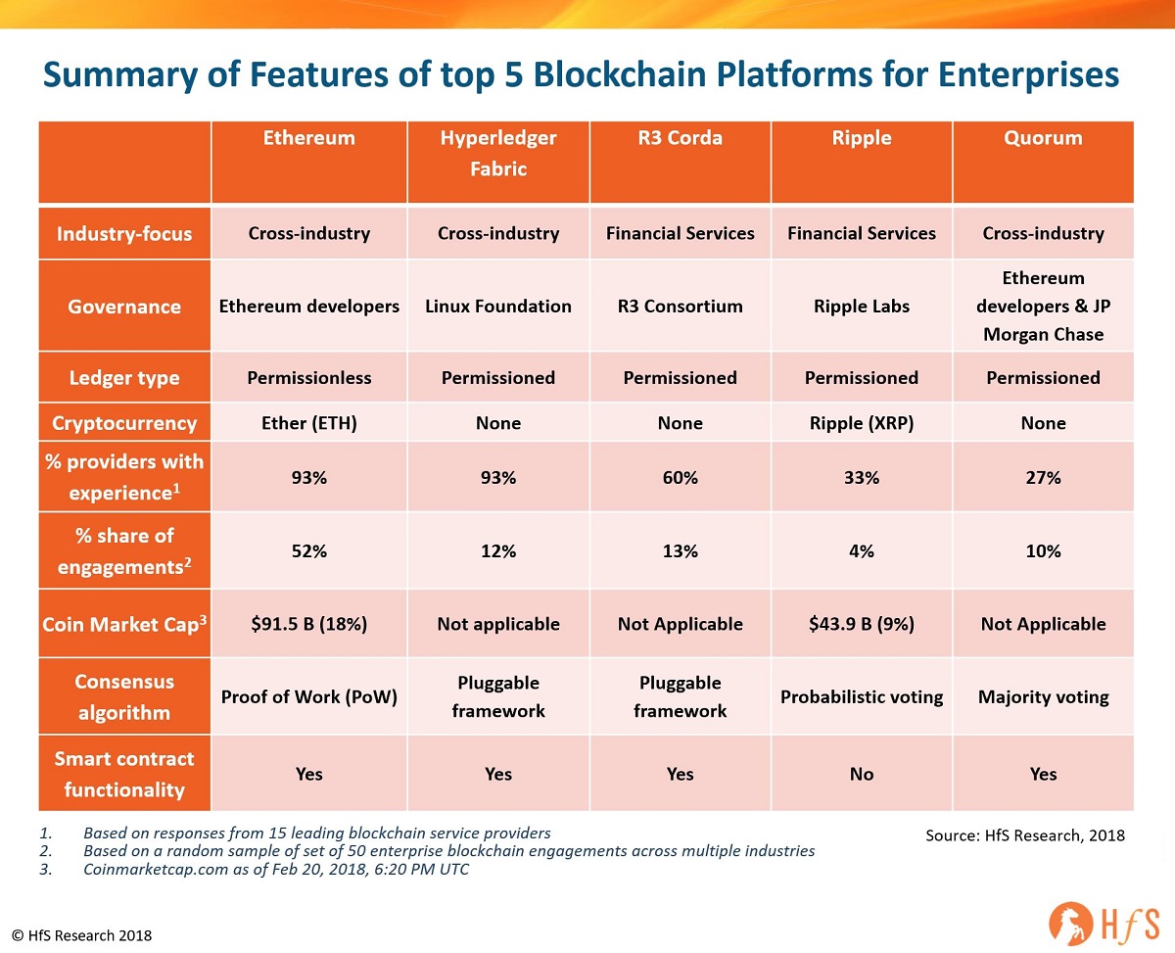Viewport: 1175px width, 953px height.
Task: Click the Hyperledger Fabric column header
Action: point(497,154)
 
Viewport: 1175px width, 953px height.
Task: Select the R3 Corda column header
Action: point(680,138)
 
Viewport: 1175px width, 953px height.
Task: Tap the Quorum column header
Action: point(1043,138)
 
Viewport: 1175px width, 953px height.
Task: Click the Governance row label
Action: point(124,307)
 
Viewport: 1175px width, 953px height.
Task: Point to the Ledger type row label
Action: point(124,378)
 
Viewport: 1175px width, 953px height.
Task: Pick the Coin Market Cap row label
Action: point(124,624)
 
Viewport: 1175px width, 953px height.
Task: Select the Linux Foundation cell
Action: point(497,307)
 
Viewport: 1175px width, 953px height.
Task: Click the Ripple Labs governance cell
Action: point(862,307)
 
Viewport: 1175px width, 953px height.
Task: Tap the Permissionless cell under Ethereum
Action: point(309,378)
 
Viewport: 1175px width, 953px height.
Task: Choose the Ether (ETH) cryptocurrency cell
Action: point(309,423)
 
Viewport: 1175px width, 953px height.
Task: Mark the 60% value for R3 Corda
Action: point(680,478)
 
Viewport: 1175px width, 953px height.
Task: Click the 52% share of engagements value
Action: point(309,551)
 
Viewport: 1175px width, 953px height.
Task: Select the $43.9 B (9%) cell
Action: point(862,624)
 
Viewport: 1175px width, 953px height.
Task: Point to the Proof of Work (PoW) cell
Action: point(309,697)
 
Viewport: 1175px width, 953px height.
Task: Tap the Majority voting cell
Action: point(1043,697)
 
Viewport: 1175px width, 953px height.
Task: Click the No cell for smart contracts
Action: point(862,774)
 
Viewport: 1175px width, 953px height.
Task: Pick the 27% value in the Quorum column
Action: point(1043,478)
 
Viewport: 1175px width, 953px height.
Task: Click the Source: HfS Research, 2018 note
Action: point(1024,835)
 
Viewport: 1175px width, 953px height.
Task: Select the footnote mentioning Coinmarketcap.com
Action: point(276,870)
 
